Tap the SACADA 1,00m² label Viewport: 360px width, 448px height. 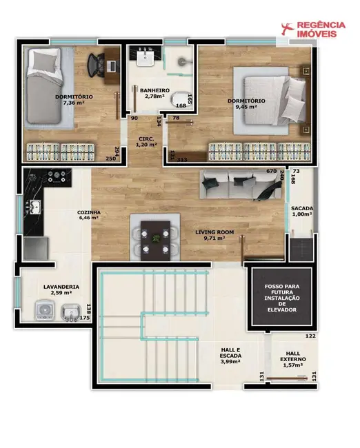click(x=301, y=211)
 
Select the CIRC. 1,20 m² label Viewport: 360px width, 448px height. click(x=146, y=141)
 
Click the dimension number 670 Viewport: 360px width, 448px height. click(x=271, y=171)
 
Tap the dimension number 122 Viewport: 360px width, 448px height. click(x=310, y=336)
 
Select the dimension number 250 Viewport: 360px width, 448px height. click(x=110, y=159)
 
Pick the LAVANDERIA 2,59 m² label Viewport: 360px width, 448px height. click(x=61, y=289)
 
